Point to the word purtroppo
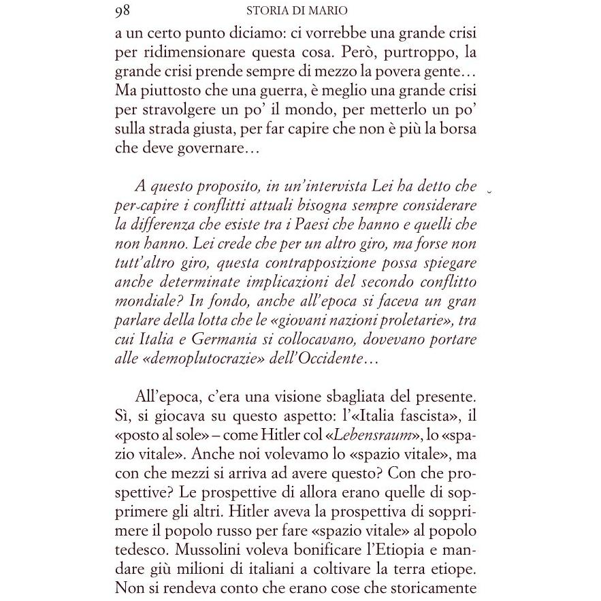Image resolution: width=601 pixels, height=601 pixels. tap(398, 52)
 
